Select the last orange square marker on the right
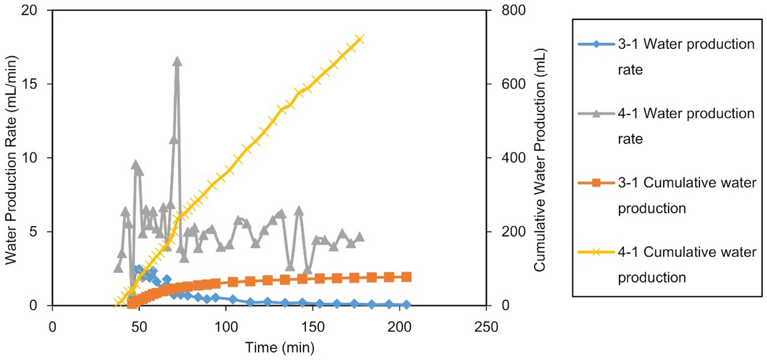(x=407, y=277)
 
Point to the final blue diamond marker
(x=406, y=305)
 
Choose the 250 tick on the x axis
(x=486, y=327)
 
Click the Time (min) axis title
(x=270, y=346)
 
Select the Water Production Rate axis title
(x=12, y=158)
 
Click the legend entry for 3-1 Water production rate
(x=686, y=57)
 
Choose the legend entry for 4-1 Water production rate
(x=686, y=126)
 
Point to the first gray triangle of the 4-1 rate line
(x=118, y=268)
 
